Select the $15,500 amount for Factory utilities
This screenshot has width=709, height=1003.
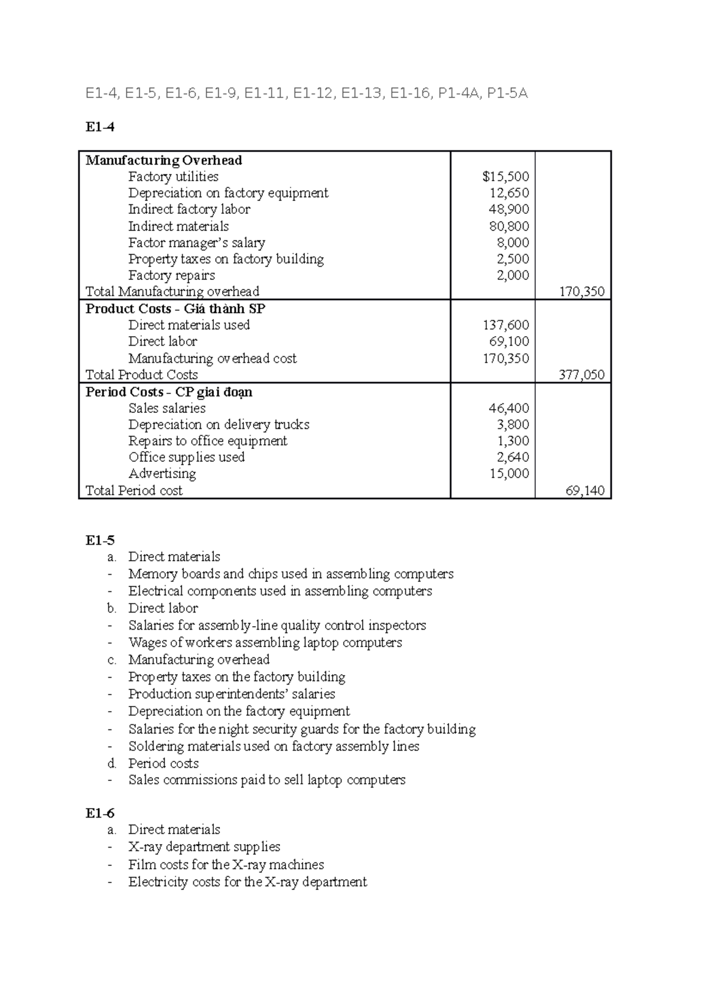coord(505,177)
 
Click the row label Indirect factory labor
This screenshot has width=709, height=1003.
coord(189,209)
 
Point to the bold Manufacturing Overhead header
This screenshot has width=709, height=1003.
coord(164,160)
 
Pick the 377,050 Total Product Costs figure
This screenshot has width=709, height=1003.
coord(581,375)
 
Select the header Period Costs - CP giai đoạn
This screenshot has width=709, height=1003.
coord(169,392)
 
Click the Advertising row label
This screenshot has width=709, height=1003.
coord(162,474)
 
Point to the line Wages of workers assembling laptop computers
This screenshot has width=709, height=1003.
coord(265,643)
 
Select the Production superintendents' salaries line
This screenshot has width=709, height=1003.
coord(232,694)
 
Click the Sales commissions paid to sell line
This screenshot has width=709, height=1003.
coord(266,780)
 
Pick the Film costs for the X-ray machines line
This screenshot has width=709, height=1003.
coord(226,865)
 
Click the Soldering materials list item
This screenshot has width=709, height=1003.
coord(274,747)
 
